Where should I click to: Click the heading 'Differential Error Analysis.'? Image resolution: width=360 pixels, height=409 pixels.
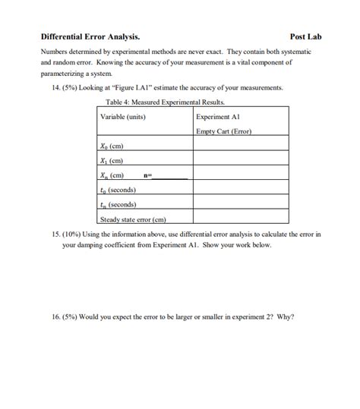coord(90,36)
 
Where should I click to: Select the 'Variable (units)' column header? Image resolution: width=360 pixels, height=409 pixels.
coord(123,117)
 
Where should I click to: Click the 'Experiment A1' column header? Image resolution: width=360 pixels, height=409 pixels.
coord(218,117)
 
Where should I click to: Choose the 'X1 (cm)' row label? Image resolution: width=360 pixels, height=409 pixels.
coord(112,160)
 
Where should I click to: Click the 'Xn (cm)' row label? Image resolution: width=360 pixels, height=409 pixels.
coord(112,175)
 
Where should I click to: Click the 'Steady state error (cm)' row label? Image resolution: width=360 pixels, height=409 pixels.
coord(133,219)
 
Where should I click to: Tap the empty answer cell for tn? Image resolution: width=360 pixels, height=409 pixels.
coord(240,204)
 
